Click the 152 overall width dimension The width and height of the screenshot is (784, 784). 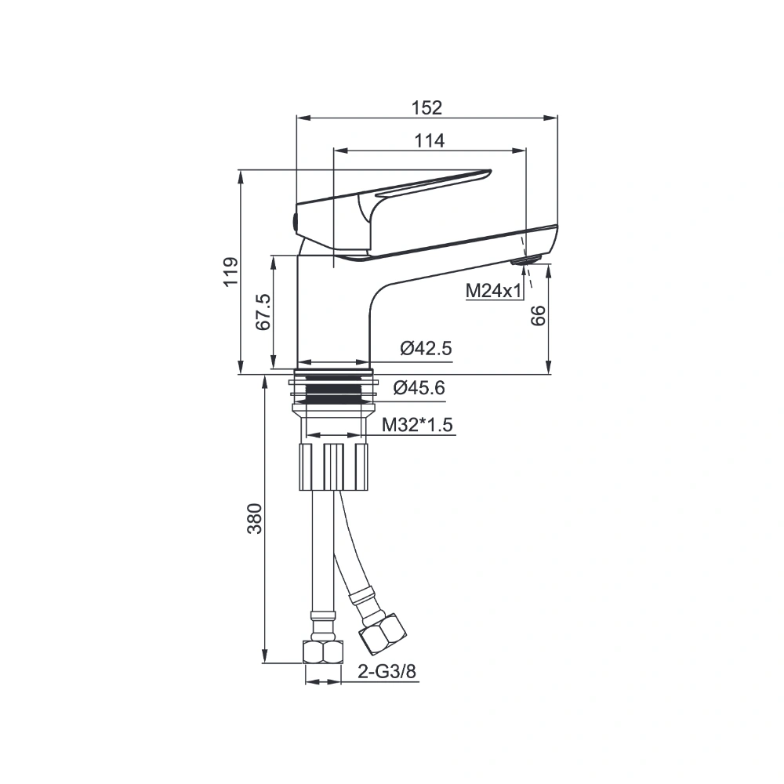(426, 107)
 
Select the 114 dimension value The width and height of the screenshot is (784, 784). (430, 141)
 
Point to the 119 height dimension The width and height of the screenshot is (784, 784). (230, 271)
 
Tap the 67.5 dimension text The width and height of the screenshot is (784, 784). (263, 311)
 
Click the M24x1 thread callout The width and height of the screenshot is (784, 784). (493, 290)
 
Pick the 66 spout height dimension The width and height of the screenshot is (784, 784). (538, 315)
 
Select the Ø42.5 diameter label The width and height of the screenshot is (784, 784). (426, 347)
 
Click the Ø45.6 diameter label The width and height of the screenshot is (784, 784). (419, 387)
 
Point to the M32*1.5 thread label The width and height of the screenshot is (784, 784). (417, 425)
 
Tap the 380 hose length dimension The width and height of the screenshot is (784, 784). (255, 518)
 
